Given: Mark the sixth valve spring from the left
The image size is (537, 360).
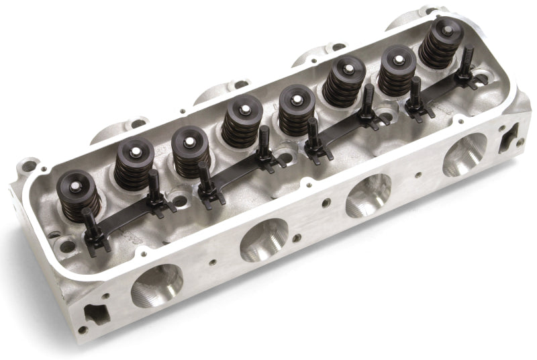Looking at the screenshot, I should [x=344, y=84].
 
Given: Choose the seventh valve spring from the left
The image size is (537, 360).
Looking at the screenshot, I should [x=395, y=74].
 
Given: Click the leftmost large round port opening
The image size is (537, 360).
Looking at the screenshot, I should [x=157, y=285].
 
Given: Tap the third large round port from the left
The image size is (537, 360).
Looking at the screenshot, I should [x=368, y=194].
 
